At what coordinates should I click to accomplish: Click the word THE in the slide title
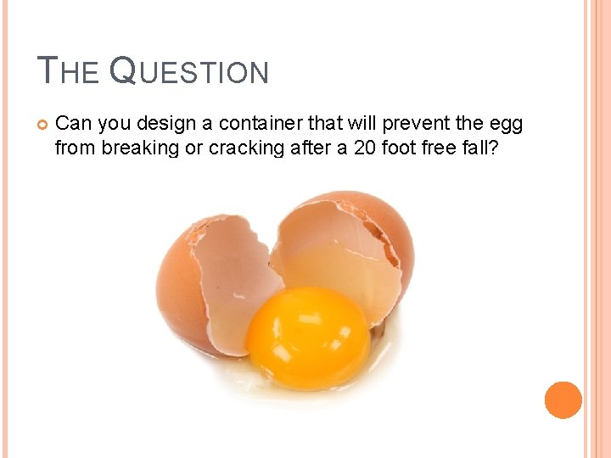[70, 71]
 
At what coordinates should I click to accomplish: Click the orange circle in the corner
[563, 399]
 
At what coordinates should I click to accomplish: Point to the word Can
[74, 124]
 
